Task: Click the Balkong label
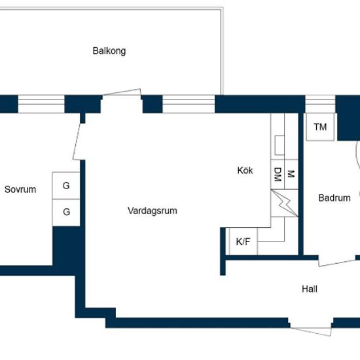[109, 51]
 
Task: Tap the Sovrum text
[20, 189]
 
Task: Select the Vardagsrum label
[153, 211]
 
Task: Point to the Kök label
[245, 170]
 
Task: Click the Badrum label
[334, 198]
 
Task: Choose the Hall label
[310, 289]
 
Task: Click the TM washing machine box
[320, 127]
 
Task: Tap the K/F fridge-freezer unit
[243, 242]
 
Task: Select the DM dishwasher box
[278, 175]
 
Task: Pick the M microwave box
[291, 175]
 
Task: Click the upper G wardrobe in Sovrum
[66, 185]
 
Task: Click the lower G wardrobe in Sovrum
[66, 213]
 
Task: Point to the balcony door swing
[122, 92]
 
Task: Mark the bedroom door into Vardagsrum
[77, 141]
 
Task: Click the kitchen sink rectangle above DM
[279, 145]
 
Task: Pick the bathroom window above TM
[320, 104]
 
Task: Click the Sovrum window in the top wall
[41, 104]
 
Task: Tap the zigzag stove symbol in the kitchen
[285, 203]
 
